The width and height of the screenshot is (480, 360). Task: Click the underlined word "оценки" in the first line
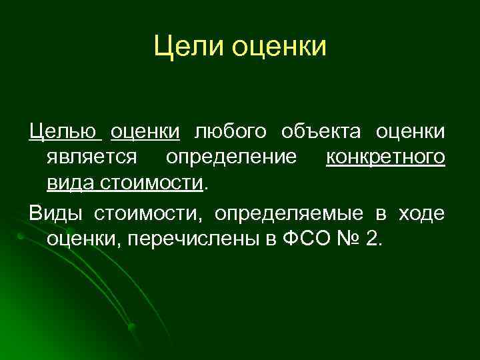145,132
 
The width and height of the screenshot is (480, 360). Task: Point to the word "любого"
226,133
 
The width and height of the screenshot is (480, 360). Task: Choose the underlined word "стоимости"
151,183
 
